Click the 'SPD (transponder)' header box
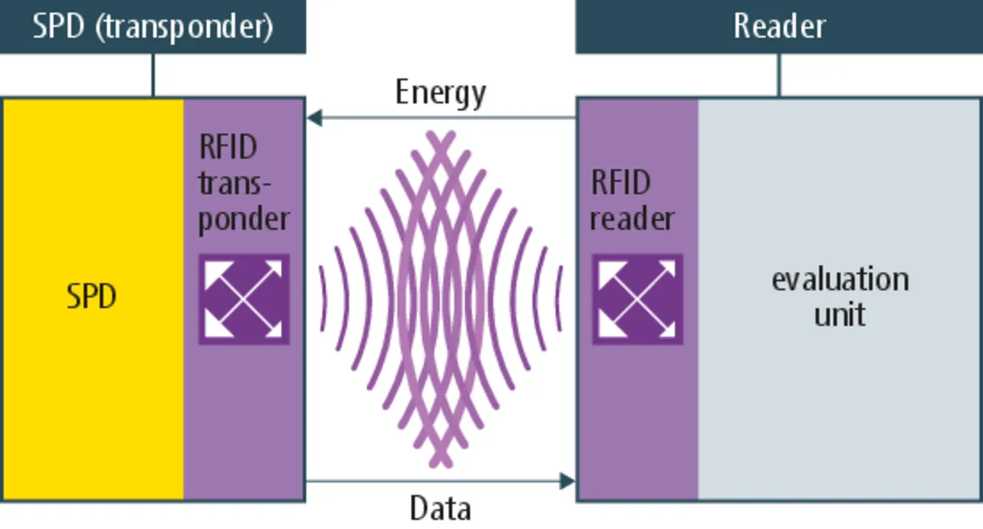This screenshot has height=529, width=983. [x=153, y=26]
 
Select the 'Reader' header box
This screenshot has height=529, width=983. [x=779, y=26]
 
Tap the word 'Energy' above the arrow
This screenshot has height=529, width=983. [x=441, y=93]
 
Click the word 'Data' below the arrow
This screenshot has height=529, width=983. [x=440, y=508]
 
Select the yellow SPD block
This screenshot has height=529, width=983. [x=92, y=384]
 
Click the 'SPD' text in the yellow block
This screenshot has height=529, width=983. [x=91, y=296]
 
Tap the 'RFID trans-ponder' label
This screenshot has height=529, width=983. [x=243, y=183]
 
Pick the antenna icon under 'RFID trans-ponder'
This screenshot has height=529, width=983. [x=244, y=299]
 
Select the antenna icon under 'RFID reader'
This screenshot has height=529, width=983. [x=637, y=299]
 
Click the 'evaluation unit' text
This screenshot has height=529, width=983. [x=840, y=296]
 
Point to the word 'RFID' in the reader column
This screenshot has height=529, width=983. [x=620, y=183]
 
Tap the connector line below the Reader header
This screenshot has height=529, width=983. [x=779, y=75]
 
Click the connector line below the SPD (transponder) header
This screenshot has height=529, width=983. [x=153, y=75]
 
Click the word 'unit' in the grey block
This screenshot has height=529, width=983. [x=840, y=315]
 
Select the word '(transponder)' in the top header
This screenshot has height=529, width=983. [x=188, y=26]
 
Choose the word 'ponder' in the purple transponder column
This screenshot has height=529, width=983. [x=243, y=220]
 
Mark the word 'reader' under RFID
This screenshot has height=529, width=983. [x=632, y=220]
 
